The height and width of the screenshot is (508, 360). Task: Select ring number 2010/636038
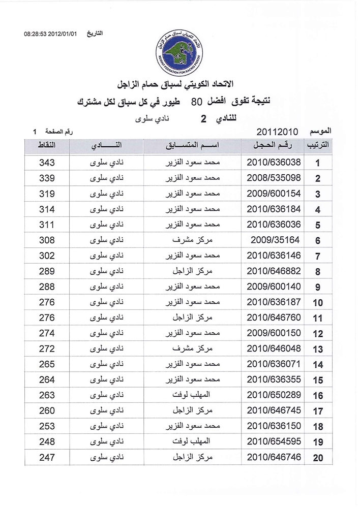(x=274, y=163)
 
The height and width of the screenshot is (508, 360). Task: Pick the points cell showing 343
(x=47, y=163)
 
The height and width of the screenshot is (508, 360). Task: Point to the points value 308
(x=47, y=240)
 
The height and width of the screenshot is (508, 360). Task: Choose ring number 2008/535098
(x=274, y=178)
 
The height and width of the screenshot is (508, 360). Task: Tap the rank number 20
(x=318, y=458)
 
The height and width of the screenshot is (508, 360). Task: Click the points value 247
(x=47, y=457)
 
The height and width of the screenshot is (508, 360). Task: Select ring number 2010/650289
(x=274, y=395)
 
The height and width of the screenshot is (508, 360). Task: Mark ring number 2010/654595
(x=274, y=441)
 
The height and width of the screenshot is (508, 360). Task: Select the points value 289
(x=47, y=271)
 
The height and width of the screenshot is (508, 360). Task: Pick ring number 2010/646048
(x=274, y=348)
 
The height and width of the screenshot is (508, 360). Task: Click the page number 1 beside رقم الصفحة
(x=35, y=133)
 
